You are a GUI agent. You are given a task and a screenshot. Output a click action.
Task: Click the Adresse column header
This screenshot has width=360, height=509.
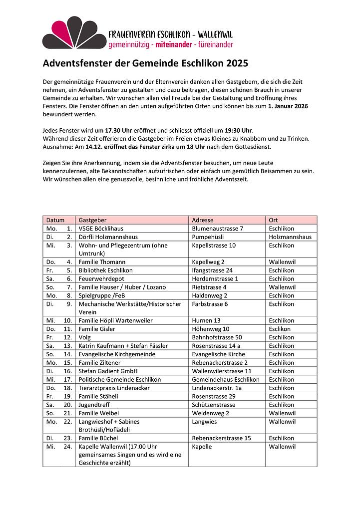(203, 220)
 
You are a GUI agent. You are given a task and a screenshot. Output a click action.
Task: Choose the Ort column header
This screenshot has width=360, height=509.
(273, 220)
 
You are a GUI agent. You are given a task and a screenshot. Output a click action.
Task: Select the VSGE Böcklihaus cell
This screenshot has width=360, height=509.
(101, 229)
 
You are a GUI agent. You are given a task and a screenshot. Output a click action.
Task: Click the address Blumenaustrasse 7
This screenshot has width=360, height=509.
(217, 229)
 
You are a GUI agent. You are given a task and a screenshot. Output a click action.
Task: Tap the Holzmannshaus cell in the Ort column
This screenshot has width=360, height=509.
(290, 237)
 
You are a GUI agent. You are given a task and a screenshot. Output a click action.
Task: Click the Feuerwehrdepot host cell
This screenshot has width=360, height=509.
(101, 279)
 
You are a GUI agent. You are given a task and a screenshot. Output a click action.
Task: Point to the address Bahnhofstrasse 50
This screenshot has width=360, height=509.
(217, 338)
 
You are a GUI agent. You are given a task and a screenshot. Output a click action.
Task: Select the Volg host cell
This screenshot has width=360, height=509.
(85, 338)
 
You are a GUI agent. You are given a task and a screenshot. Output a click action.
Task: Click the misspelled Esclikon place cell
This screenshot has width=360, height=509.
(280, 329)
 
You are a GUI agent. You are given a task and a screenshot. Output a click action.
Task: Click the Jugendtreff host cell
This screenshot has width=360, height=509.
(94, 405)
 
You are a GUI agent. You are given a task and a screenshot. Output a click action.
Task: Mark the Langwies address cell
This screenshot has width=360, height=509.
(204, 422)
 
